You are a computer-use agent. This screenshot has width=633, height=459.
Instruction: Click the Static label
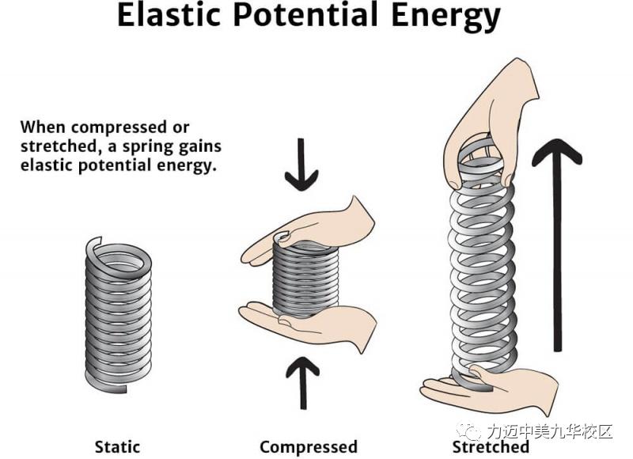tap(117, 446)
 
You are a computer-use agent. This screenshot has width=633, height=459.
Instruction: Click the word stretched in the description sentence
tap(54, 146)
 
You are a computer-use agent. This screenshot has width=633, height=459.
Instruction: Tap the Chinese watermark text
tap(550, 432)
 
